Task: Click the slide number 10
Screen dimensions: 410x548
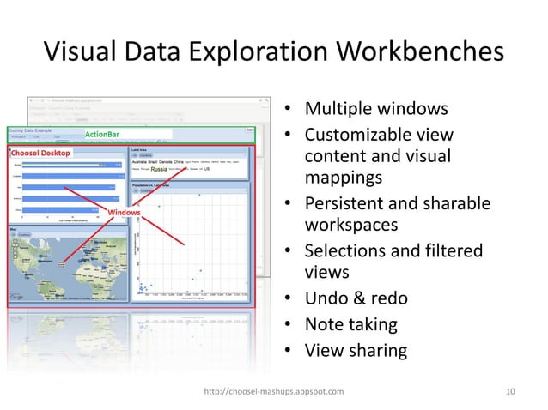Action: pyautogui.click(x=511, y=391)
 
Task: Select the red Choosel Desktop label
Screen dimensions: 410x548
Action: pyautogui.click(x=40, y=152)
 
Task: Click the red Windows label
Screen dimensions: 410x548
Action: pyautogui.click(x=120, y=211)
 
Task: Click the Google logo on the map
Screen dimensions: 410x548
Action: pyautogui.click(x=16, y=297)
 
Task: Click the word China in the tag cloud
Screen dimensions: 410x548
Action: pyautogui.click(x=178, y=161)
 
